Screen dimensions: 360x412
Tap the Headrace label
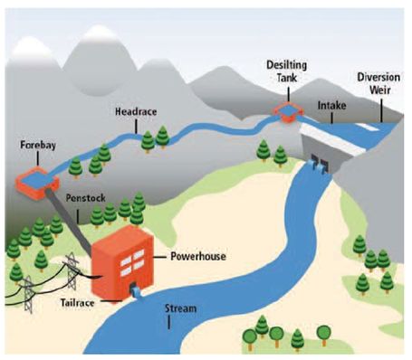(x=136, y=111)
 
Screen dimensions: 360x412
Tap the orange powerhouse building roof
(x=127, y=231)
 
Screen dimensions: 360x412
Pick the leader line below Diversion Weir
(x=380, y=109)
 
